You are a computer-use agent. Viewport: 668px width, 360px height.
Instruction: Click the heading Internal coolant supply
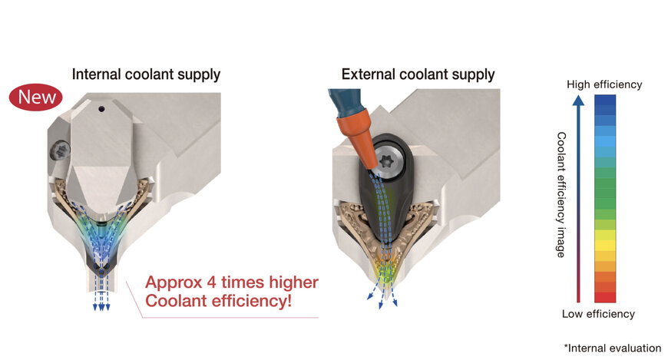point(146,74)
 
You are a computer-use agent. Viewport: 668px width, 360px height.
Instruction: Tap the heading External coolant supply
point(418,74)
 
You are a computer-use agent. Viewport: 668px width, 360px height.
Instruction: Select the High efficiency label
point(604,84)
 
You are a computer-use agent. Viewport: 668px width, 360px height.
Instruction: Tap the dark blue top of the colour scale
point(605,101)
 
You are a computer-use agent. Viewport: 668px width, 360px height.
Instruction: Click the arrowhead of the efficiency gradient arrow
point(578,99)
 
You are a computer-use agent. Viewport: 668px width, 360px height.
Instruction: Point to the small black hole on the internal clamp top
point(100,109)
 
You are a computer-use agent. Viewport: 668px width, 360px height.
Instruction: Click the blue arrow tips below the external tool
point(385,302)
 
